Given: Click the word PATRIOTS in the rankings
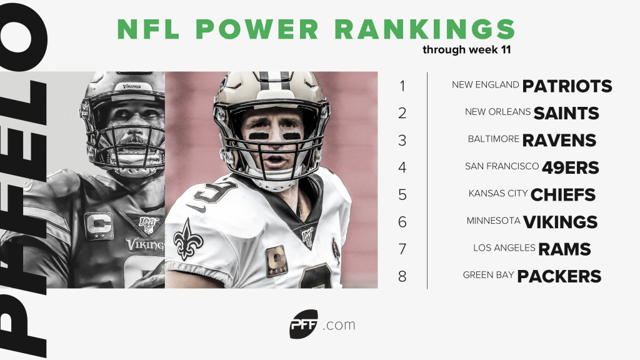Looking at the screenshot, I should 567,86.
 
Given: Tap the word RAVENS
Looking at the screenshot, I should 559,141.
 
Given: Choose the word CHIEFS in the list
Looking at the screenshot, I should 562,195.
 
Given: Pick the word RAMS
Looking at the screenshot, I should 564,249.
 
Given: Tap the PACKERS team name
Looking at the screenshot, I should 559,276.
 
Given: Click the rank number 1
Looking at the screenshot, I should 402,86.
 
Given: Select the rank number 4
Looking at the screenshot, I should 402,167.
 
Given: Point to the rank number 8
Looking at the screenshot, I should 402,276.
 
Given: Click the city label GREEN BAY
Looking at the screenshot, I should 488,275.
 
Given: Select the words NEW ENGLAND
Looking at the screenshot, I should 486,84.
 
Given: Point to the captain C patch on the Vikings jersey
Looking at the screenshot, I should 99,226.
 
